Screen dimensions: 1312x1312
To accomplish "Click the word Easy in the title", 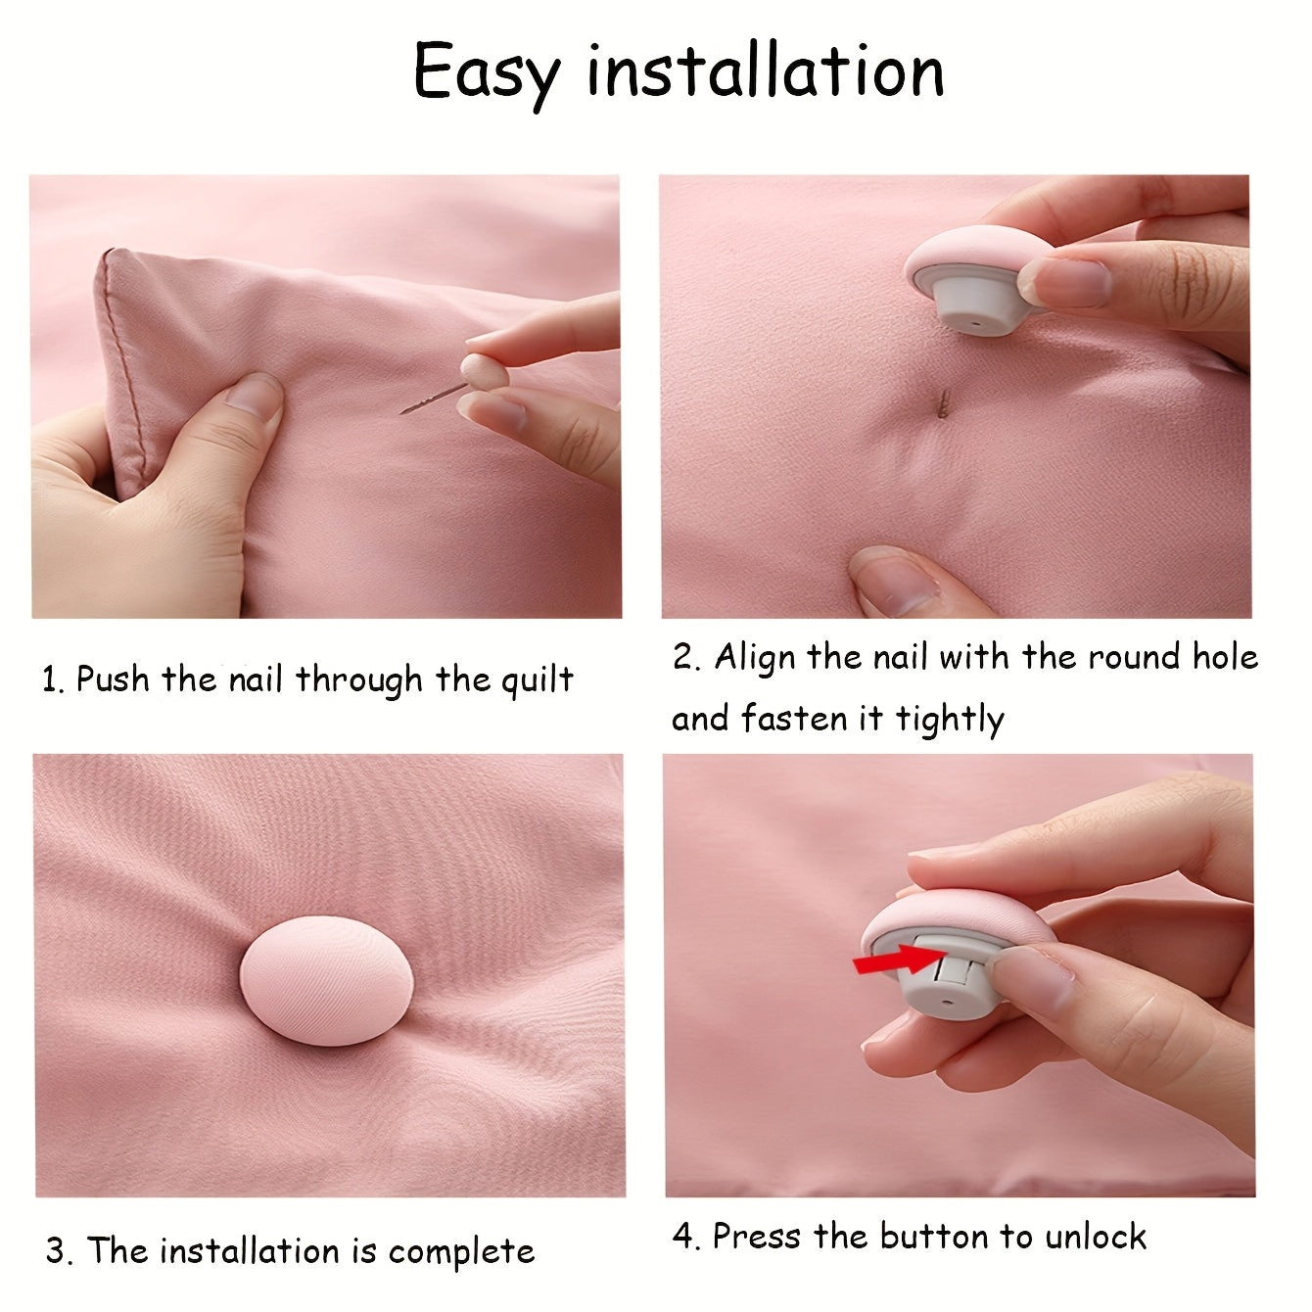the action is (x=487, y=73).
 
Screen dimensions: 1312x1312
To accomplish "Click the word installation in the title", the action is (x=766, y=70).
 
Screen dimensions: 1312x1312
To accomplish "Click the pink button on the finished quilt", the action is (x=326, y=980).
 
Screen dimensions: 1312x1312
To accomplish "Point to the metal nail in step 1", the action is (x=433, y=398).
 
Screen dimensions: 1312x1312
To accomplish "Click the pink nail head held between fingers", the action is (x=484, y=372).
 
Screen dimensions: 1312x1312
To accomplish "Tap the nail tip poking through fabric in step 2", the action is (x=943, y=404).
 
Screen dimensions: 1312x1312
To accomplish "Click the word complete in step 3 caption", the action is (x=461, y=1251).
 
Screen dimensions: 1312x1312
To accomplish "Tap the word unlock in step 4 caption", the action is (x=1096, y=1237).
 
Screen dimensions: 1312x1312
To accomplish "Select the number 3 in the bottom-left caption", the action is (x=56, y=1251).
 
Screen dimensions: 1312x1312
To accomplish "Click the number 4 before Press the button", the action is (x=683, y=1235).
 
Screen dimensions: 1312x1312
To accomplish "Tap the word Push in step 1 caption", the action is (x=113, y=679).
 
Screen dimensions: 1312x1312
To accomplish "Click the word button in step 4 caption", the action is (x=933, y=1235).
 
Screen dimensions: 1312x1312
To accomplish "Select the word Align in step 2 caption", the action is (x=754, y=658).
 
